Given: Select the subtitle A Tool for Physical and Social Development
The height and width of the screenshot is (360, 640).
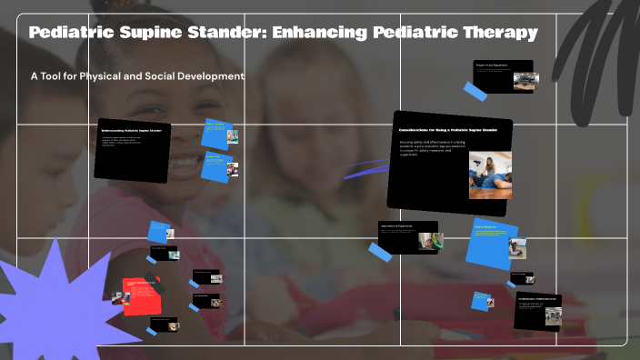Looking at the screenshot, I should (x=137, y=76).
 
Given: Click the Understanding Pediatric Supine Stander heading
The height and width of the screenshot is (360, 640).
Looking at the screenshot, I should (x=132, y=131).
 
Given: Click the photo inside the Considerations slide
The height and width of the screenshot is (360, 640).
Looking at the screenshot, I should (x=490, y=175).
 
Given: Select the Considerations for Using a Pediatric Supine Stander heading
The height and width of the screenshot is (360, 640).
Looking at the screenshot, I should (x=450, y=131).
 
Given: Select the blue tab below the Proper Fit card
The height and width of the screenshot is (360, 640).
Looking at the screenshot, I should (x=475, y=91).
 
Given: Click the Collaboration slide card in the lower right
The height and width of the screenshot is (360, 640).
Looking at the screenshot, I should (x=536, y=312).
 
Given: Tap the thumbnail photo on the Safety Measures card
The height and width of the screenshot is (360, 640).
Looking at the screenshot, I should (x=516, y=247).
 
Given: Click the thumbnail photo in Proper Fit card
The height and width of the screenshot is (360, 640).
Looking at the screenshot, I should (x=525, y=81).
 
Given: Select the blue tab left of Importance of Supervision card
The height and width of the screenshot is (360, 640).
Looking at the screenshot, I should (x=380, y=251).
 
